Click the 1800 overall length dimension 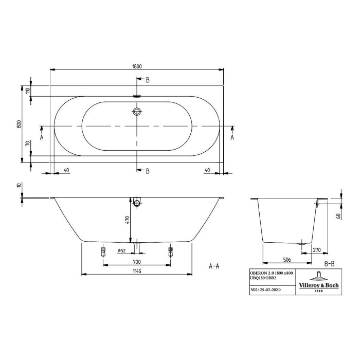[x=137, y=66]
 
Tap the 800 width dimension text [x=20, y=124]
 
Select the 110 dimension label [x=28, y=91]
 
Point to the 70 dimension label [x=28, y=143]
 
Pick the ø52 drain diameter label [x=122, y=250]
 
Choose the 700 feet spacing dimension [x=137, y=261]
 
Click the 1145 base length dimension [x=137, y=271]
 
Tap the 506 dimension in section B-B [x=287, y=260]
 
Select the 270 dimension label [x=317, y=250]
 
